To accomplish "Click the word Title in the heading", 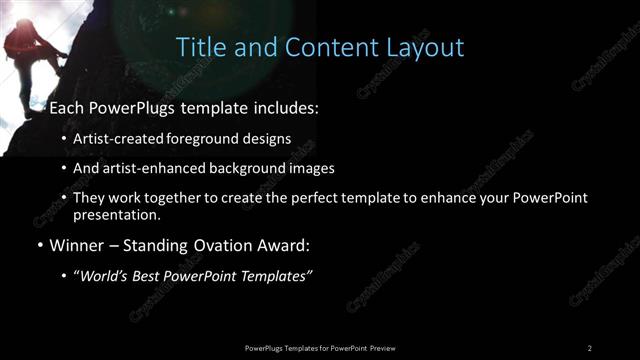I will [200, 47].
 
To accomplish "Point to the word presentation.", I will [115, 214].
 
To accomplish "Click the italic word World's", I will [104, 275].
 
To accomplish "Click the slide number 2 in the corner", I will [589, 347].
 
